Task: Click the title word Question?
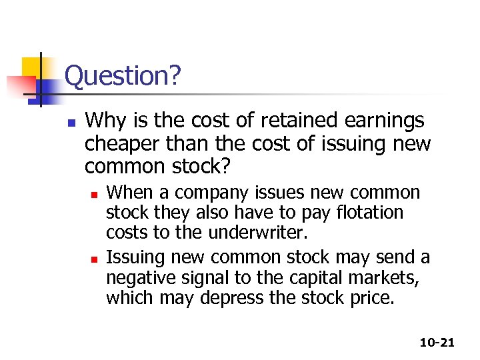tap(123, 76)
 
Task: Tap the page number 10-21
tap(437, 343)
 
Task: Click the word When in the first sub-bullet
tap(129, 193)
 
